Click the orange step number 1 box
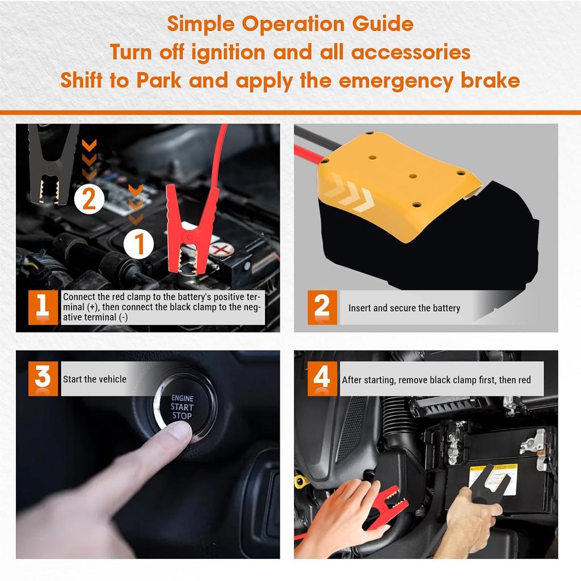pyautogui.click(x=43, y=307)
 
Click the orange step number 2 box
pyautogui.click(x=322, y=307)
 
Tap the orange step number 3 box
pyautogui.click(x=43, y=378)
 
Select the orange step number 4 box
pyautogui.click(x=322, y=378)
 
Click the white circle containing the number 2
pyautogui.click(x=89, y=199)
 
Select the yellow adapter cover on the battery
pyautogui.click(x=398, y=186)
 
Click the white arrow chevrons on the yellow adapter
pyautogui.click(x=348, y=193)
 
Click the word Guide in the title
pyautogui.click(x=382, y=24)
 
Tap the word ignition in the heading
pyautogui.click(x=228, y=53)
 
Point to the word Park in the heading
pyautogui.click(x=159, y=80)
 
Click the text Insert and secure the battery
pyautogui.click(x=404, y=308)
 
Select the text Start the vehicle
pyautogui.click(x=95, y=379)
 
